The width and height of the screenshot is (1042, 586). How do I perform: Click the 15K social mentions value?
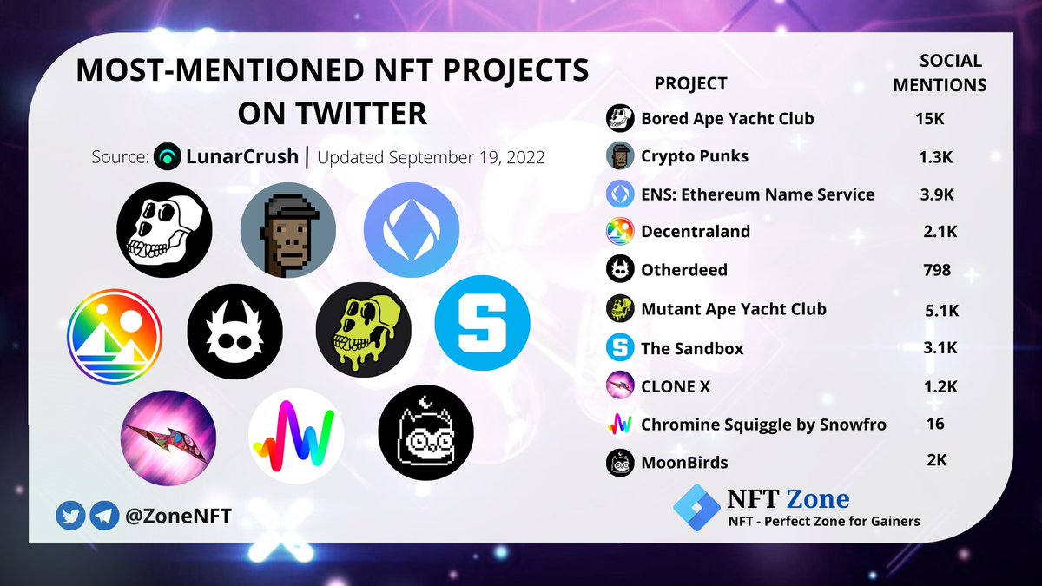tap(929, 118)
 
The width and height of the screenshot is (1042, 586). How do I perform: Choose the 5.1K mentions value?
tap(940, 309)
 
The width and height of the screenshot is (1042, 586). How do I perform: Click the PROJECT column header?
tap(690, 83)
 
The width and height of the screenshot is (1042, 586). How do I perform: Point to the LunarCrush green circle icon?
tap(167, 159)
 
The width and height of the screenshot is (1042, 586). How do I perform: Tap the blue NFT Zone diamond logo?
tap(696, 506)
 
